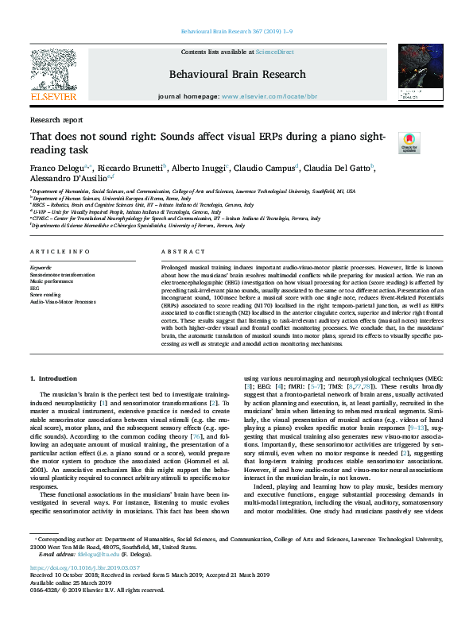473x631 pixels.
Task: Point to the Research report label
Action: (56, 119)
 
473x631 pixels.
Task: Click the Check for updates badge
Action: (409, 144)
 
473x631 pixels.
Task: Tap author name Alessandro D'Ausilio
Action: (69, 180)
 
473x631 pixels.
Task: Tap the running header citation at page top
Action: (236, 33)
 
